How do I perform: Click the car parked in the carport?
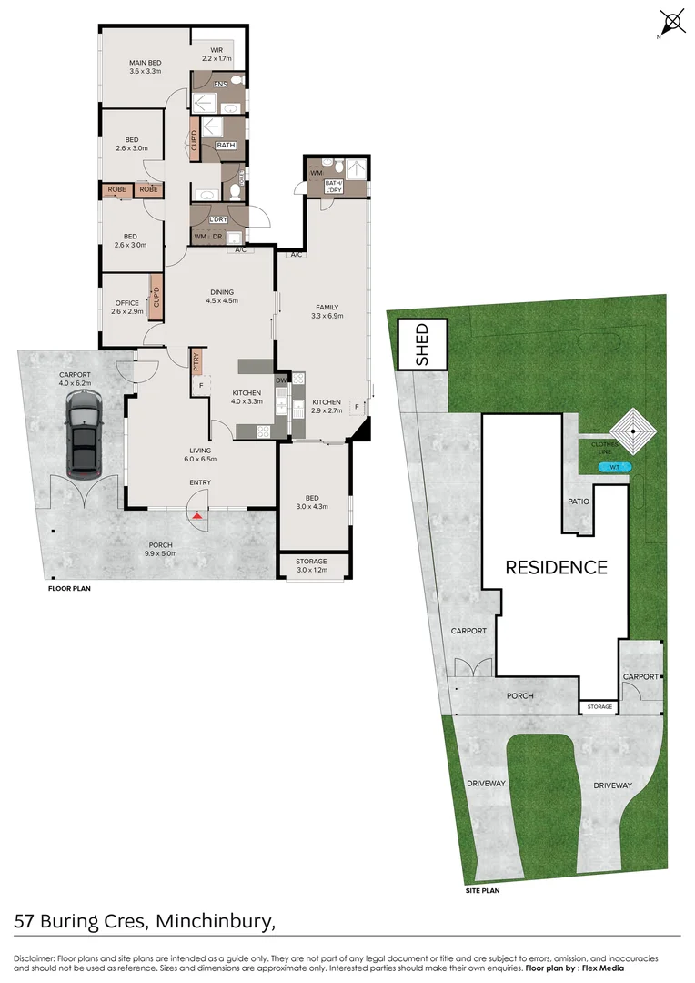[x=83, y=441]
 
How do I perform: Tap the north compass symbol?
[x=672, y=22]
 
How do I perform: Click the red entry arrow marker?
[x=197, y=516]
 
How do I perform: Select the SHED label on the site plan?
[x=422, y=345]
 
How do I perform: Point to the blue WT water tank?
[x=615, y=468]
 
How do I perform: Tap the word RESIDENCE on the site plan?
[x=556, y=568]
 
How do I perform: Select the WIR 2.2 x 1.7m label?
[x=217, y=54]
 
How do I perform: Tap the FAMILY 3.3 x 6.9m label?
[x=327, y=311]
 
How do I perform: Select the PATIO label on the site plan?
[x=579, y=502]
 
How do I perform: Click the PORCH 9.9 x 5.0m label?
[x=159, y=549]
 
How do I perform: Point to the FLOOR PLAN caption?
[x=69, y=589]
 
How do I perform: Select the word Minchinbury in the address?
[x=215, y=923]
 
